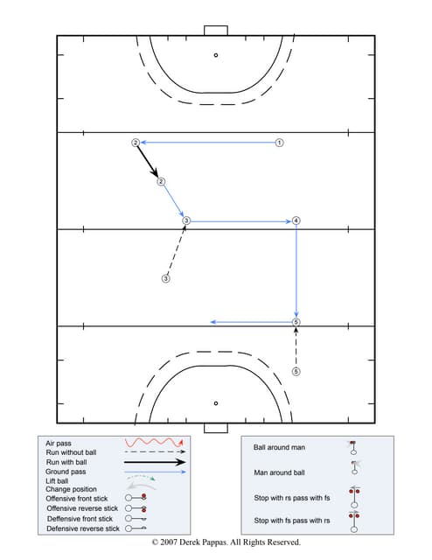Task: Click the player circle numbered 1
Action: tap(279, 142)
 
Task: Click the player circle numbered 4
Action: tap(296, 220)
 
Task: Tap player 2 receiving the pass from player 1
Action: tap(135, 142)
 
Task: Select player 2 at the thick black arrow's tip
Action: tap(161, 182)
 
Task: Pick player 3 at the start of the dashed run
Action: tap(165, 279)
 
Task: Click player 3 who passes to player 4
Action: tap(186, 220)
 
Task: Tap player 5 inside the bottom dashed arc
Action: tap(296, 371)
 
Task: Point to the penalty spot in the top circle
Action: tap(216, 55)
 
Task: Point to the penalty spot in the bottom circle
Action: tap(216, 403)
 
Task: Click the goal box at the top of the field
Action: tap(216, 31)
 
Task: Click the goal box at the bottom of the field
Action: tap(216, 428)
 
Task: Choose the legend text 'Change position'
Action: tap(72, 489)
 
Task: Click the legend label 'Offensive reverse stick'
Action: tap(82, 508)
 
